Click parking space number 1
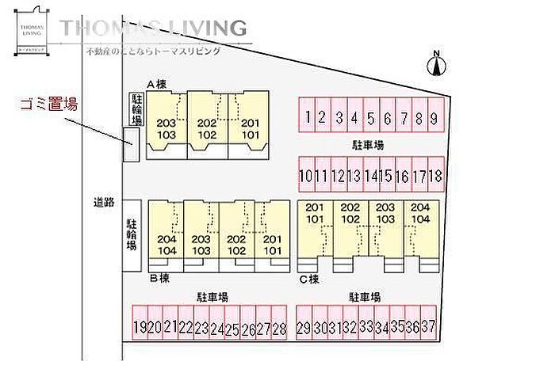pos(306,118)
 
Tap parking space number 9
pos(433,118)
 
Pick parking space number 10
pos(306,175)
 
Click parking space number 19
pos(140,327)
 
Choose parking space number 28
pos(277,327)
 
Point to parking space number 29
pos(304,327)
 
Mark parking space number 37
pos(429,327)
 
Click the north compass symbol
pos(435,63)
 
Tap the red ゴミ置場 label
pos(48,104)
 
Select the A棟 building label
pos(155,84)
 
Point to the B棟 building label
pos(159,278)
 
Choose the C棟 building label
pos(308,278)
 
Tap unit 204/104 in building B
pos(166,244)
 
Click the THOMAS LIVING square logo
pos(33,31)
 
